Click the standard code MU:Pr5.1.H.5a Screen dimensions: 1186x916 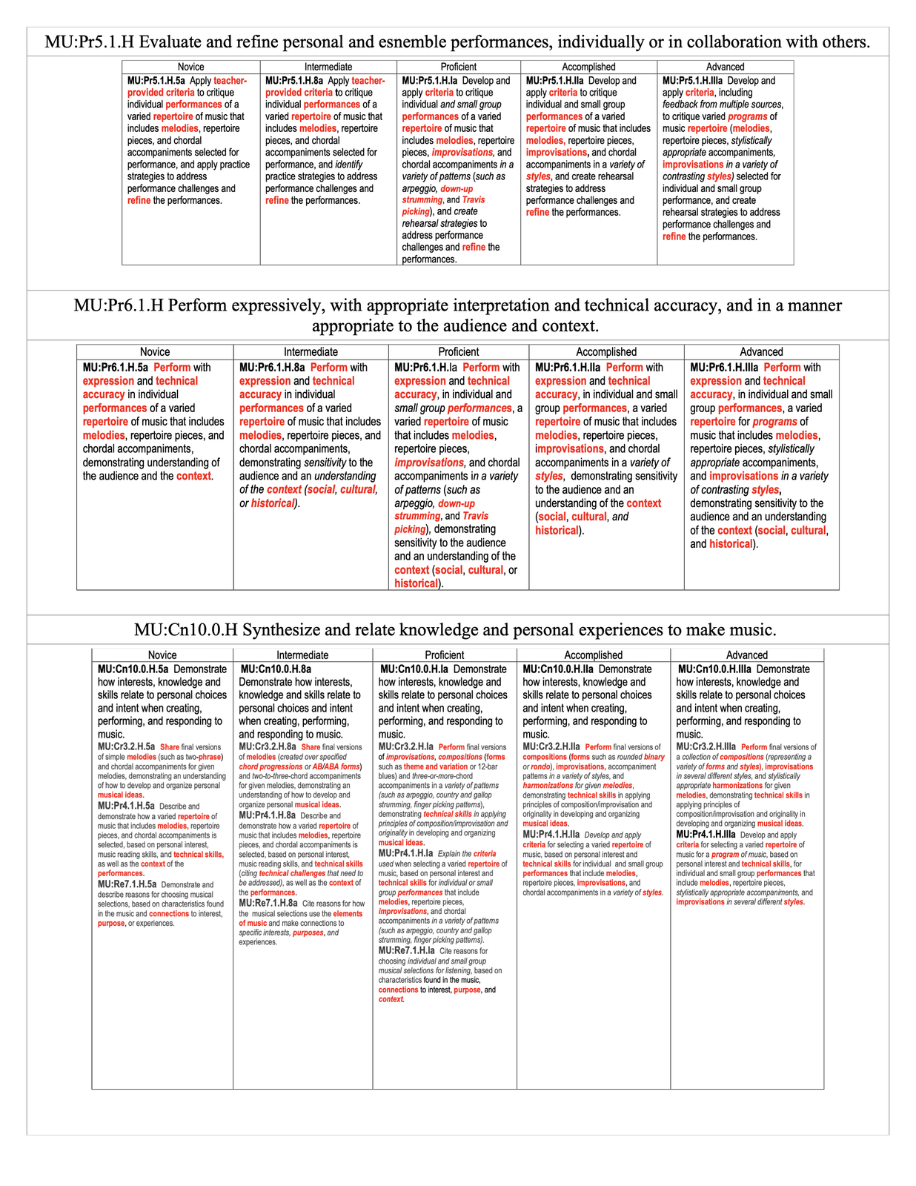click(156, 81)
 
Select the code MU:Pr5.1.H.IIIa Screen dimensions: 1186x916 click(692, 81)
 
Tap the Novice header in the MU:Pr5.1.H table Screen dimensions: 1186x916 click(190, 67)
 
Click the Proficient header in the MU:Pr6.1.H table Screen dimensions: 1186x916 click(458, 352)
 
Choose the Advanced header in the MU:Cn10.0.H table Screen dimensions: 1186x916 click(746, 655)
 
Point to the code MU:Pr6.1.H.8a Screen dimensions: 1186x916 click(272, 368)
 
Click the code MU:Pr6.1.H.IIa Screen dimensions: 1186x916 click(568, 368)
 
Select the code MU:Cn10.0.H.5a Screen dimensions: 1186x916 click(133, 669)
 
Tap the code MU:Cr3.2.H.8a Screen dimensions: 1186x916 click(268, 747)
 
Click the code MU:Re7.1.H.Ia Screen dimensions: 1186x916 click(406, 950)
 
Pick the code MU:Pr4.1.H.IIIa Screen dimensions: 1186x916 click(705, 835)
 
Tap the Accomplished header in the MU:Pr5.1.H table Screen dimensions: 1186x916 click(588, 67)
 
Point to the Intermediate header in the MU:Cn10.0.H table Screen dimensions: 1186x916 click(302, 655)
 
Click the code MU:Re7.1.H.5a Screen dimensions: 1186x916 click(127, 884)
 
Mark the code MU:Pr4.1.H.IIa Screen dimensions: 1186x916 click(551, 835)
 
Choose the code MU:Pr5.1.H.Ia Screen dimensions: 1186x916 click(430, 81)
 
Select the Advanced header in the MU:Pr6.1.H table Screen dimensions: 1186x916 click(761, 352)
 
